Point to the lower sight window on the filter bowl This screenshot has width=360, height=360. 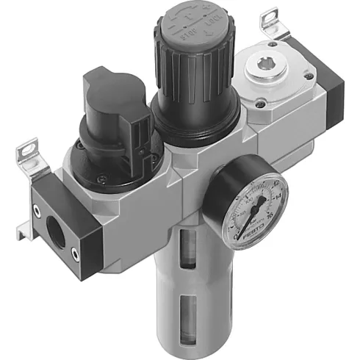coord(190,312)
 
